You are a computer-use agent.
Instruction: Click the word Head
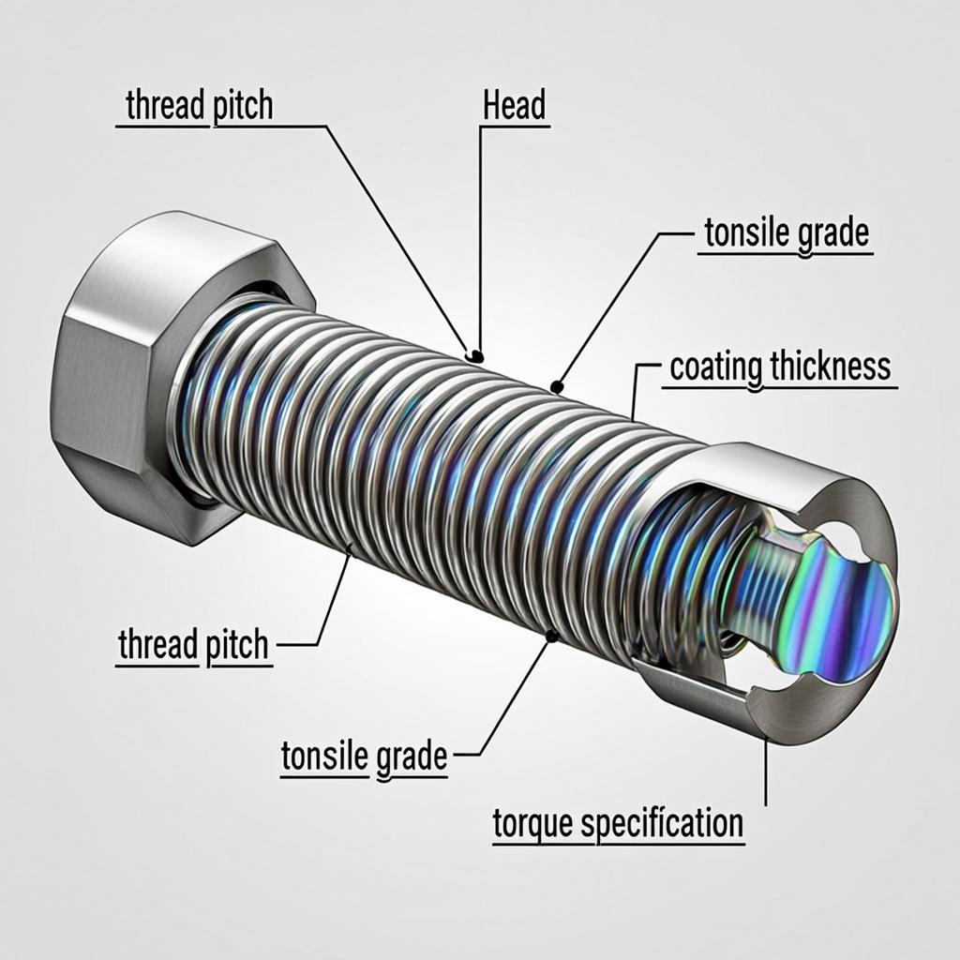pos(515,106)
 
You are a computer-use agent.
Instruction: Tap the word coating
pos(715,367)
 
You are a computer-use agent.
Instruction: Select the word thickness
pos(830,367)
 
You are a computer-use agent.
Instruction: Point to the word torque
pos(532,825)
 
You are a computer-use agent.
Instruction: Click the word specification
pos(661,825)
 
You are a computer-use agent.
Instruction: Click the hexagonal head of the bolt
pos(122,375)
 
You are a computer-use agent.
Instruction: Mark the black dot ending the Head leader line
pos(476,355)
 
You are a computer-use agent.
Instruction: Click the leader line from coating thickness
pos(637,389)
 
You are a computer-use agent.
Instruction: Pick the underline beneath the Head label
pos(515,126)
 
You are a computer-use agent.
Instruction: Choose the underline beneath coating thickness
pos(783,386)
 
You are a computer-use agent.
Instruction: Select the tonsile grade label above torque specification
pos(364,757)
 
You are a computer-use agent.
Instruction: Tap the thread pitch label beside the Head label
pos(199,106)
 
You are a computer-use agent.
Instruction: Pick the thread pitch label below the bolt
pos(193,645)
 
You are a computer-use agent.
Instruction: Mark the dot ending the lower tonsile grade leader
pos(551,637)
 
